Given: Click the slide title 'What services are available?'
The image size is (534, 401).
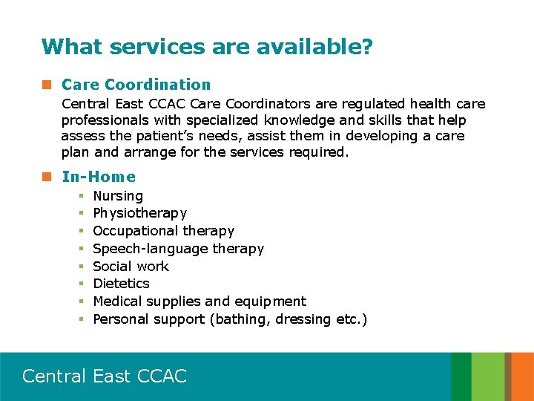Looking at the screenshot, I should [x=207, y=48].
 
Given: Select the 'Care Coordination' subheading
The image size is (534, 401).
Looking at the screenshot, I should [x=136, y=85].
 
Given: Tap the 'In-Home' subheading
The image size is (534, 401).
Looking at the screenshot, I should [x=99, y=177].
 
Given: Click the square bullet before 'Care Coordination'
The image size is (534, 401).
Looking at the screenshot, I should [x=47, y=85].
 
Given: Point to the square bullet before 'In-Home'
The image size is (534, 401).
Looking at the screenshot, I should [x=47, y=177].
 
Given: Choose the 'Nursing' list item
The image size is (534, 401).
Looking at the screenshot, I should [x=118, y=196].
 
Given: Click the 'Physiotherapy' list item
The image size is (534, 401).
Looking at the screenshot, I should [x=139, y=213].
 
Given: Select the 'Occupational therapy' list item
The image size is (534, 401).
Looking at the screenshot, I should [x=163, y=231].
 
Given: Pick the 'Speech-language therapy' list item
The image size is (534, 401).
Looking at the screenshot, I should [x=178, y=249].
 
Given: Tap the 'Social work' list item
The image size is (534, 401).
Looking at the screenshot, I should [x=131, y=267].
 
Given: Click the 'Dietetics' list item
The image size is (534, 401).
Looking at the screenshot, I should [x=121, y=284].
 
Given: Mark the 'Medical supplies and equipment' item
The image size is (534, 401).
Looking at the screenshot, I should [x=199, y=301].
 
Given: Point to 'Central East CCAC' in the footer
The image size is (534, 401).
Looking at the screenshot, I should [x=105, y=376].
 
